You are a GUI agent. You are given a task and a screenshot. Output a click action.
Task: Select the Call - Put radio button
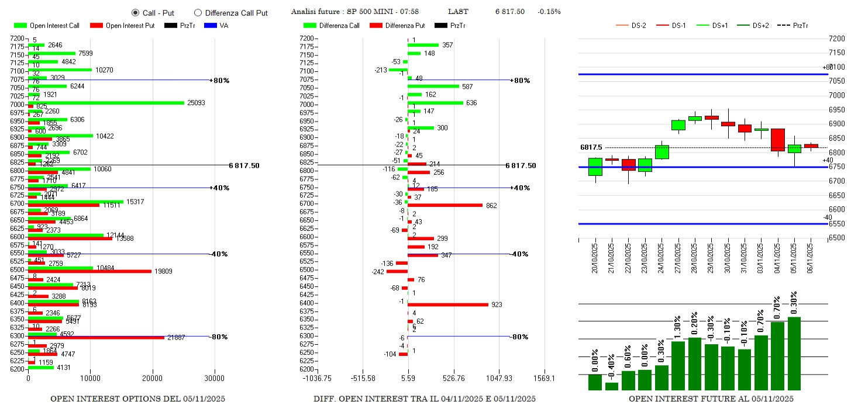(135, 12)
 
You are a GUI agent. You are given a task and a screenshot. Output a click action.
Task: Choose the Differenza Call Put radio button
(198, 12)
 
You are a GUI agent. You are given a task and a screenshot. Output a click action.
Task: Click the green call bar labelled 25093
(106, 103)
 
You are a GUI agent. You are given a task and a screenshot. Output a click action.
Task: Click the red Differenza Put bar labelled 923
(448, 304)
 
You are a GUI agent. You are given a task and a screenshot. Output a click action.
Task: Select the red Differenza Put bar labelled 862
(445, 205)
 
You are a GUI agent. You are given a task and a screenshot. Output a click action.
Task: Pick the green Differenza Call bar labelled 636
(435, 103)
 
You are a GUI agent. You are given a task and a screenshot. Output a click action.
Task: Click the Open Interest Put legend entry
(122, 26)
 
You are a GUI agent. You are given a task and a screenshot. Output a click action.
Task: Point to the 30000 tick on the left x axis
(215, 378)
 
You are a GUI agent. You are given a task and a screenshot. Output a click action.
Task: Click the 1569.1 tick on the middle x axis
(545, 378)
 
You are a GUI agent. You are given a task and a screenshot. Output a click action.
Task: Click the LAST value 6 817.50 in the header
(509, 12)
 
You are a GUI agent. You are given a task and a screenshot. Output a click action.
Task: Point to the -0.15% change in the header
(549, 12)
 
